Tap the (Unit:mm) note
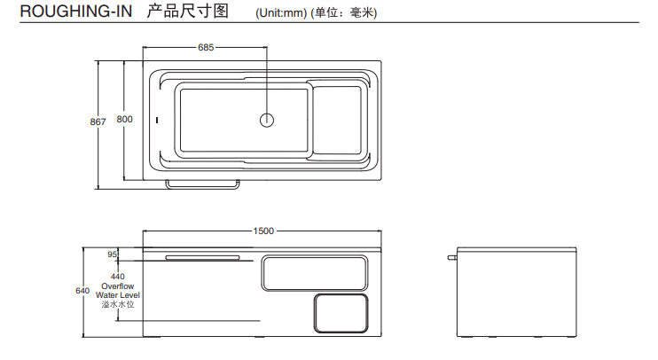(x=280, y=14)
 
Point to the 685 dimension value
(x=206, y=47)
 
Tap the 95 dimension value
(x=113, y=254)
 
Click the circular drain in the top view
(x=268, y=121)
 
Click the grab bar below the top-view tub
(x=203, y=185)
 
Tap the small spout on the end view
(x=452, y=258)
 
